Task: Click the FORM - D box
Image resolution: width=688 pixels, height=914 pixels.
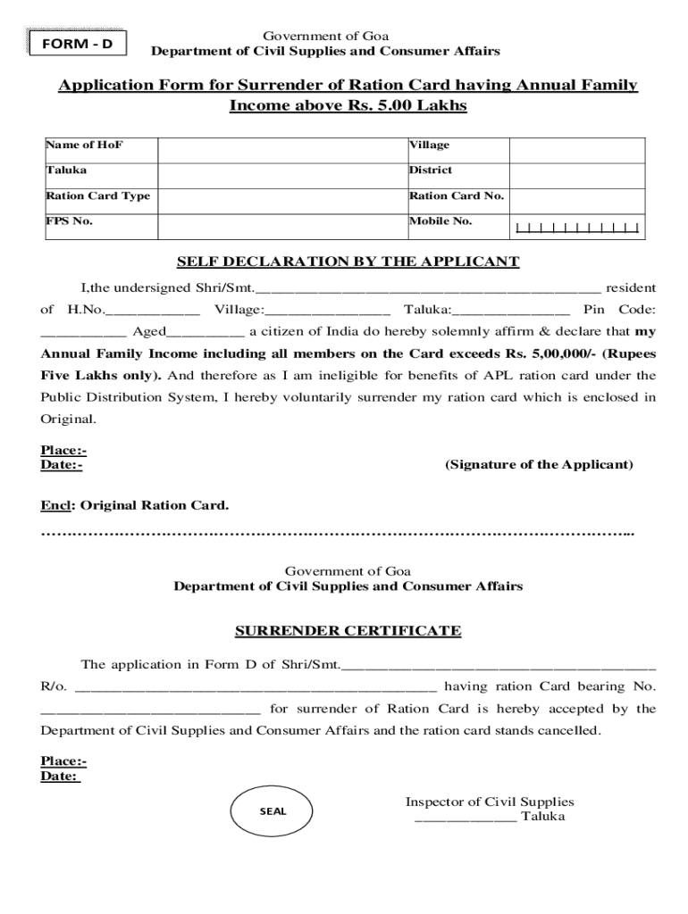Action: point(76,43)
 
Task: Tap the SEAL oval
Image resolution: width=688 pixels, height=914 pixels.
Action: point(273,811)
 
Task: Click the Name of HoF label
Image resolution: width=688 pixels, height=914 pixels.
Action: point(79,145)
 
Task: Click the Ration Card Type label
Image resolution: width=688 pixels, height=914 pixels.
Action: point(98,195)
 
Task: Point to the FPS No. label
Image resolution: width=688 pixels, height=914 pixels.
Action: point(70,221)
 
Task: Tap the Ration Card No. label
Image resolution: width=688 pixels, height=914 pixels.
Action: point(457,195)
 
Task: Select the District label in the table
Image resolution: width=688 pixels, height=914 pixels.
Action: point(431,170)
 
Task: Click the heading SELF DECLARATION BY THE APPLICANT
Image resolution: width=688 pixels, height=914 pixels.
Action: point(348,262)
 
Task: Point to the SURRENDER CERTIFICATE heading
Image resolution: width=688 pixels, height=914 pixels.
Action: point(348,631)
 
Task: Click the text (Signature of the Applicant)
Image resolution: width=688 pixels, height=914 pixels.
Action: point(539,465)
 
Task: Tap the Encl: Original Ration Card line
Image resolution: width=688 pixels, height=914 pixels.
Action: point(135,505)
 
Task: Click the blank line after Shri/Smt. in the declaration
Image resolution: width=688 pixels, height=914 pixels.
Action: point(428,289)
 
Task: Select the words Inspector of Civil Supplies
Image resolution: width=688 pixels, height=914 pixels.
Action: point(490,802)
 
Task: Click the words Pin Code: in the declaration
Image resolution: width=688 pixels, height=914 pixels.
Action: point(619,310)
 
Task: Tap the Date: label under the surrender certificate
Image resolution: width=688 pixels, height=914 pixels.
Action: point(61,777)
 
